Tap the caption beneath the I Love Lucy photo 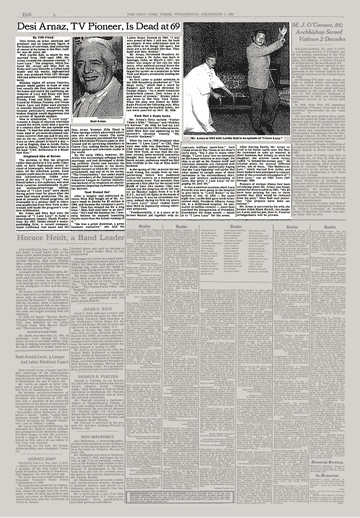coord(231,138)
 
